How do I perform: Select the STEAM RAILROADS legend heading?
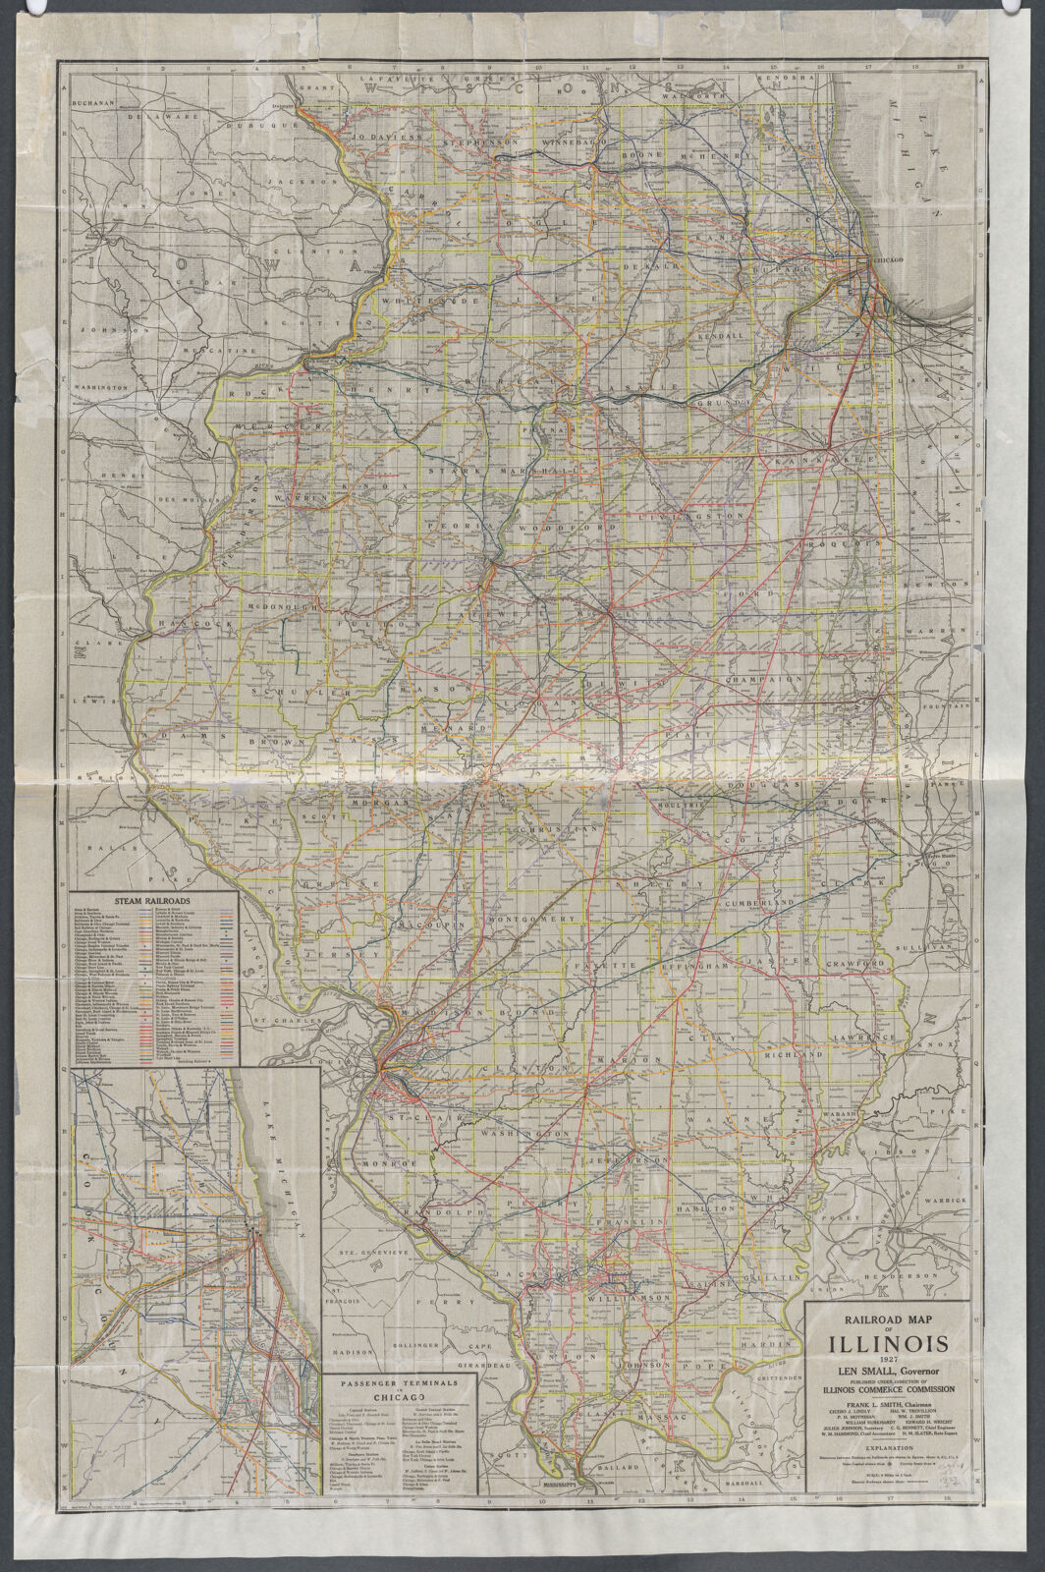coord(152,900)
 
